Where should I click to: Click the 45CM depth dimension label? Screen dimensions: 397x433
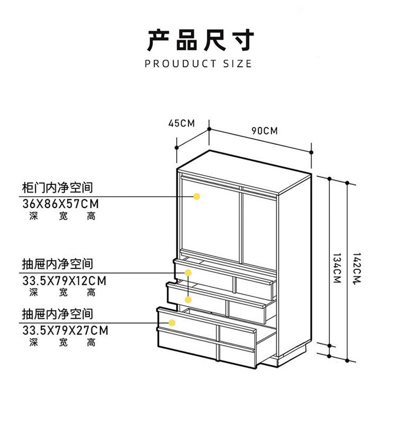[182, 123]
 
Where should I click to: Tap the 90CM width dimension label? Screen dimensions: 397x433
[265, 131]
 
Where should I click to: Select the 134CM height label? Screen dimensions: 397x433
[337, 268]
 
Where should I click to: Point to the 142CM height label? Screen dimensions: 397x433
[357, 268]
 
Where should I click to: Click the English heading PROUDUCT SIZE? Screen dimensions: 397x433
[198, 64]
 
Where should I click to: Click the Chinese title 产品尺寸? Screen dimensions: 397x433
[201, 40]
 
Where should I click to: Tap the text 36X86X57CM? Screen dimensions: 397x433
[60, 204]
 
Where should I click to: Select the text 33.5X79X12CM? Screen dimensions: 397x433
[65, 281]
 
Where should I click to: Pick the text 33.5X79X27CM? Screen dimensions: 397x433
[65, 330]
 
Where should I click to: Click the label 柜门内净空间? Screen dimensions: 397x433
[57, 188]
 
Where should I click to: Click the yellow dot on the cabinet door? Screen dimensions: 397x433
[197, 196]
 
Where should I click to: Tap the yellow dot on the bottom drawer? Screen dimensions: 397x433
[172, 322]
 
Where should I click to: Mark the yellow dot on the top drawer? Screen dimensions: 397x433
[188, 273]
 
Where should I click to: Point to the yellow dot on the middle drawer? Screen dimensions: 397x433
[188, 300]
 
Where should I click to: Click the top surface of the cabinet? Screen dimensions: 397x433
[245, 171]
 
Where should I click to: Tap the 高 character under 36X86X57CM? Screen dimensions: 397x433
[92, 216]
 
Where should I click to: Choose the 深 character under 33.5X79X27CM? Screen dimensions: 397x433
[34, 342]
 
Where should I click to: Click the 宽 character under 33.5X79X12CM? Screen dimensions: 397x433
[63, 292]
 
